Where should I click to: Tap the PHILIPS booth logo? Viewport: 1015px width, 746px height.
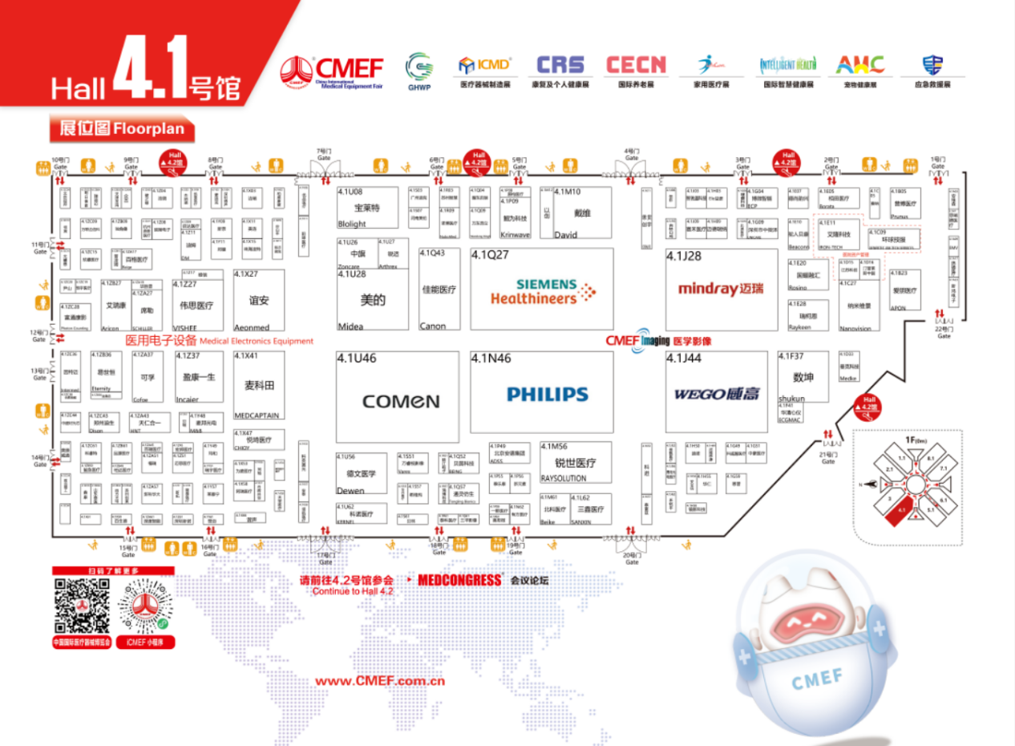(547, 394)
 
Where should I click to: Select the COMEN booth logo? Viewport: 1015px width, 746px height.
(401, 400)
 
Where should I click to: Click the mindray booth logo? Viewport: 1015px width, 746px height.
(721, 289)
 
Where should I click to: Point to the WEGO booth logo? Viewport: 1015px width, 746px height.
(717, 394)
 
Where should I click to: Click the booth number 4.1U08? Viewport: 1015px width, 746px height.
(350, 193)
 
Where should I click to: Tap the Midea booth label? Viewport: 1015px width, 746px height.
(350, 326)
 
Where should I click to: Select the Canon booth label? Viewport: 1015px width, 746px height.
(432, 326)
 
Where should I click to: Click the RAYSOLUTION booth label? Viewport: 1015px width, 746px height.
(564, 478)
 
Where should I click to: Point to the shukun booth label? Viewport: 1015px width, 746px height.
(791, 399)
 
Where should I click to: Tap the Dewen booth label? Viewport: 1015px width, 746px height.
(350, 490)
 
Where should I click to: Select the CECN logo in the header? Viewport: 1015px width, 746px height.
(636, 65)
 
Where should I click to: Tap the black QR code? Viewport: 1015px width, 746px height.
(82, 605)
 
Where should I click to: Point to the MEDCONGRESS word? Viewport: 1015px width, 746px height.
(460, 580)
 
